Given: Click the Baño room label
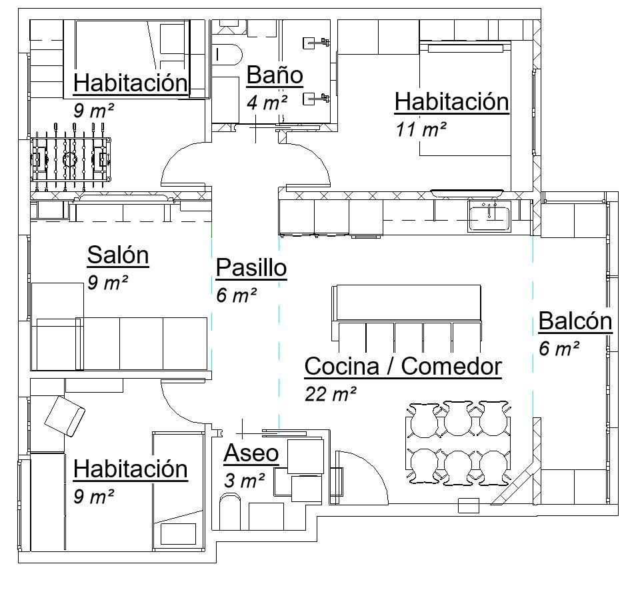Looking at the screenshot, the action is tap(275, 75).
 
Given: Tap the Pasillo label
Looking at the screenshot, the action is tap(251, 268).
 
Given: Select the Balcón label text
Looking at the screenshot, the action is tap(575, 321).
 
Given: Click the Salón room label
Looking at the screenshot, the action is tap(118, 255).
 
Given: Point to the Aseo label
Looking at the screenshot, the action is tap(251, 453).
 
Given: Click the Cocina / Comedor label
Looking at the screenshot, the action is tap(403, 366).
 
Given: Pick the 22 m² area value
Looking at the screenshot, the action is tap(331, 394).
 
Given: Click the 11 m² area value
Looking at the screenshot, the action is tap(421, 130).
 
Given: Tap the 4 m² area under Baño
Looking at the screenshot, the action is tap(267, 103).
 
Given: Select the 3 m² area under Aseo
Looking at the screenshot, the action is tap(245, 481).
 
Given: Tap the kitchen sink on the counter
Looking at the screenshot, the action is tap(489, 216).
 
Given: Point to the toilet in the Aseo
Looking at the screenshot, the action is tap(230, 512).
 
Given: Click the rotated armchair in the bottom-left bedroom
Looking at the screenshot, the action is tap(65, 417).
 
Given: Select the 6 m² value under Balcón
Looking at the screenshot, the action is tap(559, 349).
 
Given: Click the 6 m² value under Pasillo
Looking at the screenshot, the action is tap(237, 295).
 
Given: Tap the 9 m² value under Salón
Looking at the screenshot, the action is tap(107, 283).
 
